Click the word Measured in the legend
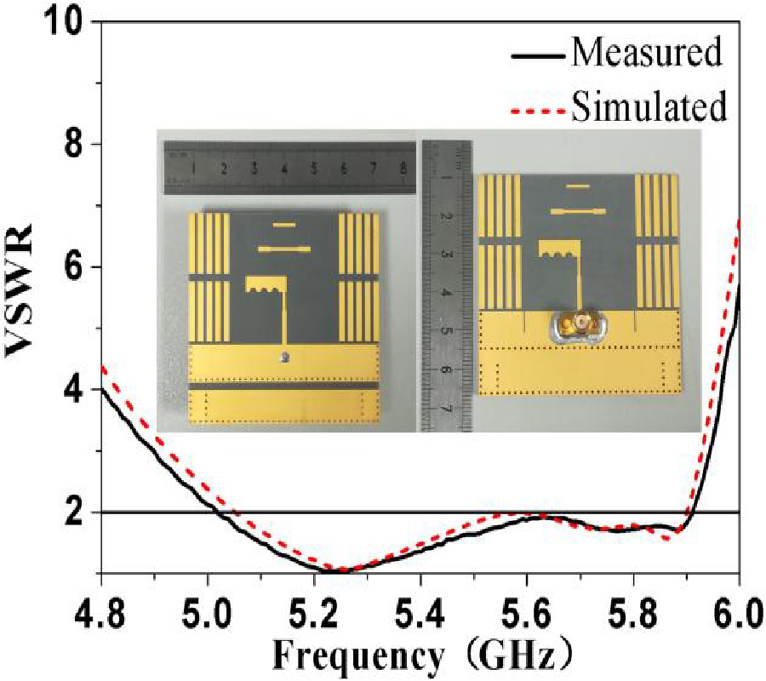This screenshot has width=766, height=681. (647, 53)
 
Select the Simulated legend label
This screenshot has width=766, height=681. (649, 107)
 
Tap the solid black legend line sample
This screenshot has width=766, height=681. (537, 54)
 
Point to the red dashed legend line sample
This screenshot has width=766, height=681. (537, 110)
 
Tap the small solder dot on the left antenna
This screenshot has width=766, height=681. (285, 357)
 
